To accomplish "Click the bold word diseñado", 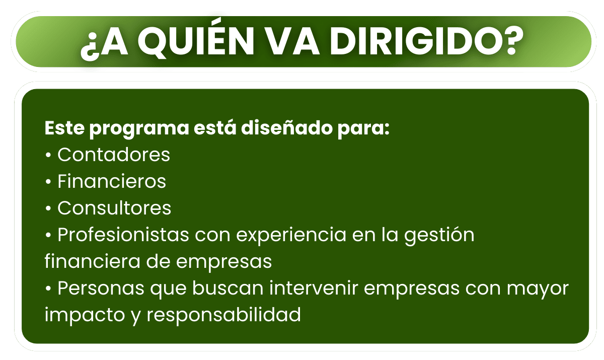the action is [287, 127].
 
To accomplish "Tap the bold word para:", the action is [363, 129].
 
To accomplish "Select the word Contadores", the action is [114, 155].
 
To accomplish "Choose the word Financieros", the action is [112, 181].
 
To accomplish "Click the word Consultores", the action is [114, 208].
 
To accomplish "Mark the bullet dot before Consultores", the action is [48, 209].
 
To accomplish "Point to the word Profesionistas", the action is [123, 235].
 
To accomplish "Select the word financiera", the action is [93, 261].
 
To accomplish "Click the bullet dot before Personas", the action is [48, 289].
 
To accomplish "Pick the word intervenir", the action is [314, 288].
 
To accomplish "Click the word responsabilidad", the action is [223, 315].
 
